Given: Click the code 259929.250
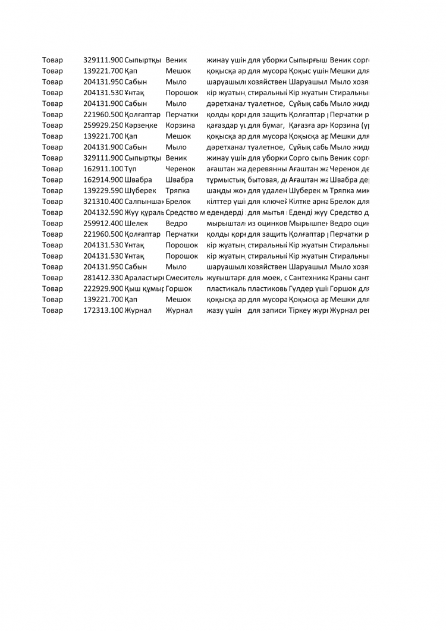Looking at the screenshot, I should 103,125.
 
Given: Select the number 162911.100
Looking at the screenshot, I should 103,169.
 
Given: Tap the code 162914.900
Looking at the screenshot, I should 103,180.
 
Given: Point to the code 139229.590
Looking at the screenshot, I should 103,190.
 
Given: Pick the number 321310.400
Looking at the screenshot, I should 103,202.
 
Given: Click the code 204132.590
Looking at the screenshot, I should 103,212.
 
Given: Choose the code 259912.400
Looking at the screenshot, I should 103,223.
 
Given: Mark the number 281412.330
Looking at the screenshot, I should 103,278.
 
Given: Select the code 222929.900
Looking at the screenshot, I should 103,288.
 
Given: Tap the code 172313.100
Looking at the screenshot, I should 103,310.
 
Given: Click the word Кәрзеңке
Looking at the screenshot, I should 141,125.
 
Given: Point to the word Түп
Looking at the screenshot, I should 131,169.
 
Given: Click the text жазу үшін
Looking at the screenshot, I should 224,310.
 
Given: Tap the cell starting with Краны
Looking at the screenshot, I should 350,278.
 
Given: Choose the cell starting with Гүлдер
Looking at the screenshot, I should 308,288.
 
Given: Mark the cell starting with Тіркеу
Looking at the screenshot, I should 308,310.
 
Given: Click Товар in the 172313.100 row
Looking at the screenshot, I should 52,310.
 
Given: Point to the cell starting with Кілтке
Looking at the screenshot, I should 308,202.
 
